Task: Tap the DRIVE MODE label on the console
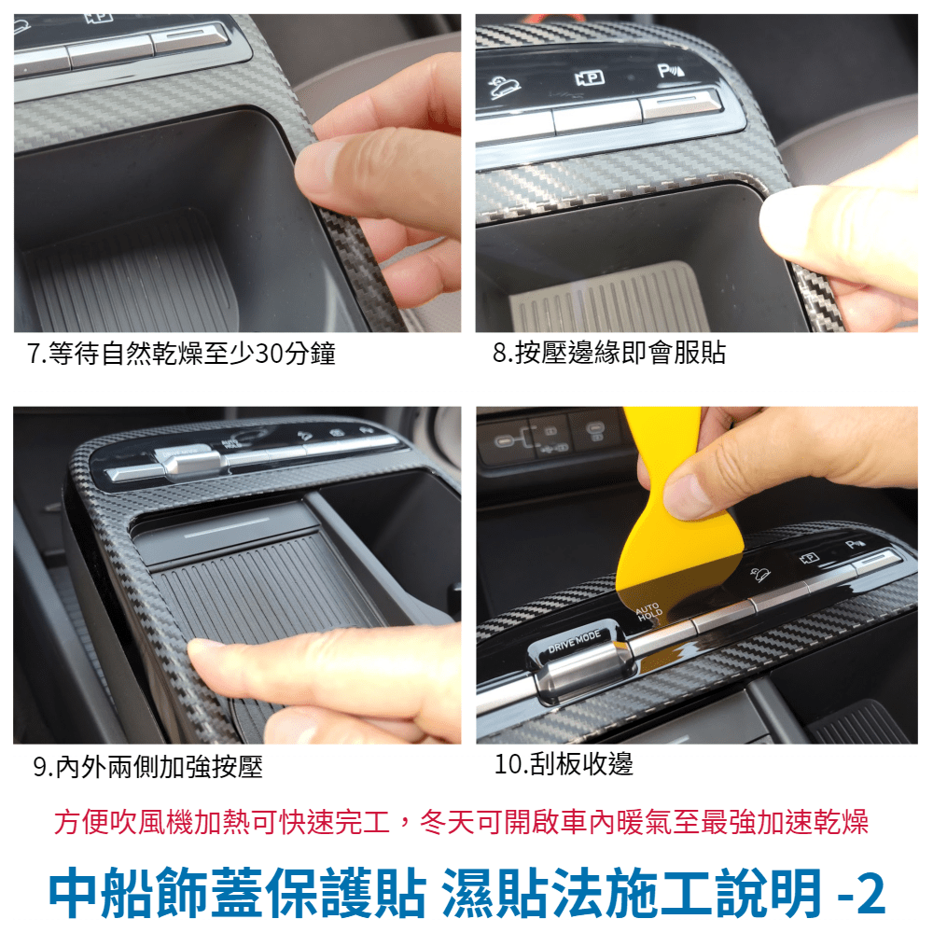(574, 642)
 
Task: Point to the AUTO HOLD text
(648, 611)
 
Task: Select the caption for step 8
(609, 353)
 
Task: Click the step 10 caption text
(564, 763)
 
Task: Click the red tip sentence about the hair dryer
(461, 822)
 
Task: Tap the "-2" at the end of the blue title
(860, 894)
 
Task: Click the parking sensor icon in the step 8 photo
(671, 72)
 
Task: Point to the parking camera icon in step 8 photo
(590, 78)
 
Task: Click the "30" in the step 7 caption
(270, 354)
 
